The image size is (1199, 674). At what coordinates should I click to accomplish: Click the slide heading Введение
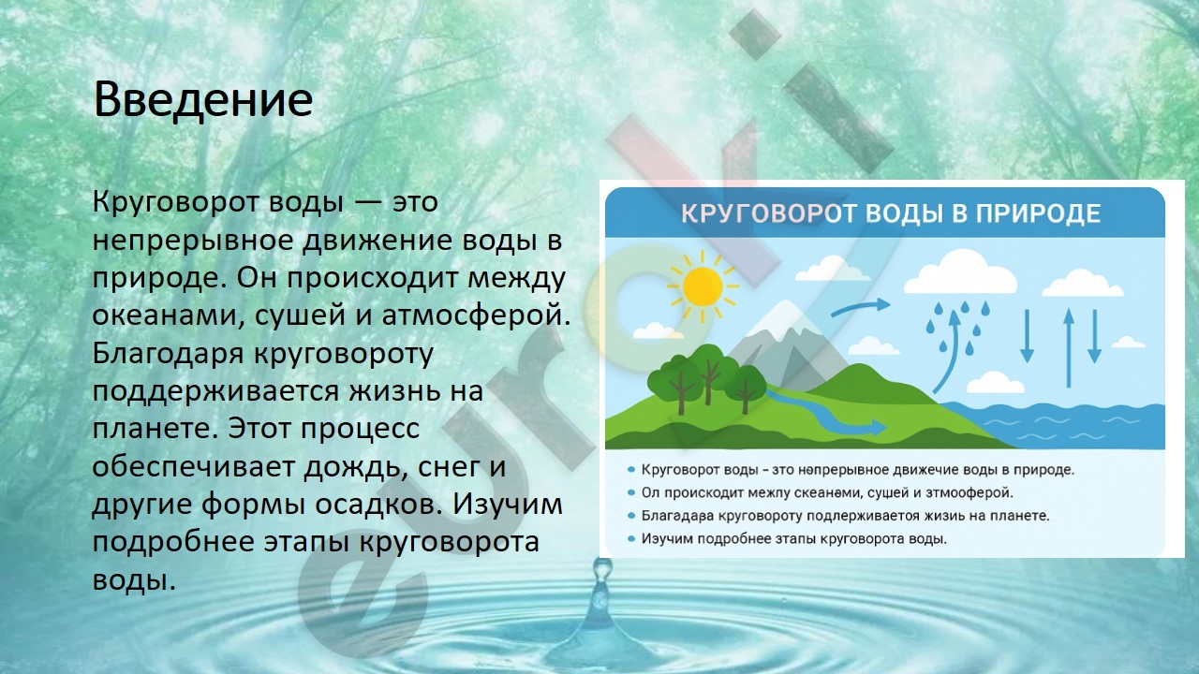(x=203, y=100)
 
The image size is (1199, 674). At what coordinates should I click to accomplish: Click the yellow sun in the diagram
(x=703, y=286)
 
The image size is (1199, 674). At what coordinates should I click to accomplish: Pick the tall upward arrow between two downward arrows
(x=1069, y=347)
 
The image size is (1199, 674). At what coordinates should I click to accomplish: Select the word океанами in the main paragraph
(x=164, y=315)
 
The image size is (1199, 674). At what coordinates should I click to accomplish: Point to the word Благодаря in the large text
(x=168, y=355)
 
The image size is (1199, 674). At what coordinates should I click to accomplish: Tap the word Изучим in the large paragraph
(x=508, y=505)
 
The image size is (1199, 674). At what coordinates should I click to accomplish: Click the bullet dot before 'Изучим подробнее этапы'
(x=631, y=539)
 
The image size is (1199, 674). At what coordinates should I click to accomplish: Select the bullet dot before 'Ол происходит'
(x=631, y=492)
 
